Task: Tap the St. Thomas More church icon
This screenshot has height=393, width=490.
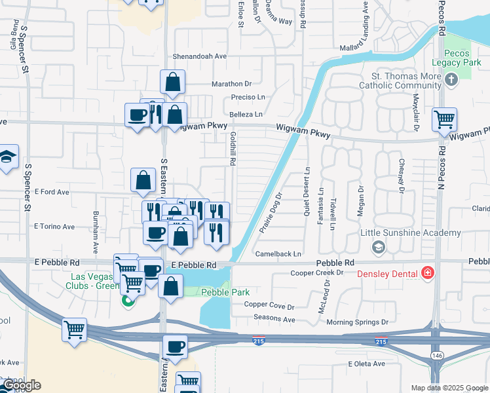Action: (451, 80)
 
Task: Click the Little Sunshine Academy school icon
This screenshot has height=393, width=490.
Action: (377, 247)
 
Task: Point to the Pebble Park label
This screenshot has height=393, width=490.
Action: (225, 292)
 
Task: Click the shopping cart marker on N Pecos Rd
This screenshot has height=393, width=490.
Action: (445, 120)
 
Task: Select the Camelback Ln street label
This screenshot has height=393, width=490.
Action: (278, 253)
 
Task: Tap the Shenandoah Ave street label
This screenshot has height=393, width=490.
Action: (200, 56)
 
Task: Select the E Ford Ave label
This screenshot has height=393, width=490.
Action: (51, 192)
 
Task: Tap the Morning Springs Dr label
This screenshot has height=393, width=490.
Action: (357, 322)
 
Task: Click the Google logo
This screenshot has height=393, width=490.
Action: (21, 386)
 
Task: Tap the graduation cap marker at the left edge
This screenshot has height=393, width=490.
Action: (7, 157)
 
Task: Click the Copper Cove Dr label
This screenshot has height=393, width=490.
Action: (269, 305)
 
